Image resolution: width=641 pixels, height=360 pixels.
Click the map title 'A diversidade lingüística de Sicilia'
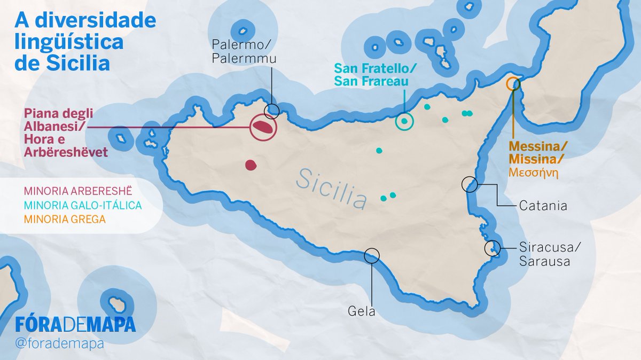85,42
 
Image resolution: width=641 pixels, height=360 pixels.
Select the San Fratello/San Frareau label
374,75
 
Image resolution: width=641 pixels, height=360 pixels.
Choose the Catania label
542,205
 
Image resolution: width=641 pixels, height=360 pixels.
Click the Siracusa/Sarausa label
549,254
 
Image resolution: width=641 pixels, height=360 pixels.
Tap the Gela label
362,311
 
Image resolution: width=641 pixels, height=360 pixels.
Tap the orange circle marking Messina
513,84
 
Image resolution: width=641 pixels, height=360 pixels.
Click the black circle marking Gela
371,255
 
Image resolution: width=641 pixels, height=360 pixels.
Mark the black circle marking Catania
469,184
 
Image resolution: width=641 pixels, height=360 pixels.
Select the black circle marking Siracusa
492,248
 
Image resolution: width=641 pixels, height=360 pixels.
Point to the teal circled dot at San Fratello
404,122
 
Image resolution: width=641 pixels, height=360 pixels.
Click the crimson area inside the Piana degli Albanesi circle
263,127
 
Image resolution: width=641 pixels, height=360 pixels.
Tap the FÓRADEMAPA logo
75,324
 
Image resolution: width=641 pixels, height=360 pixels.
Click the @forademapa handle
60,343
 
